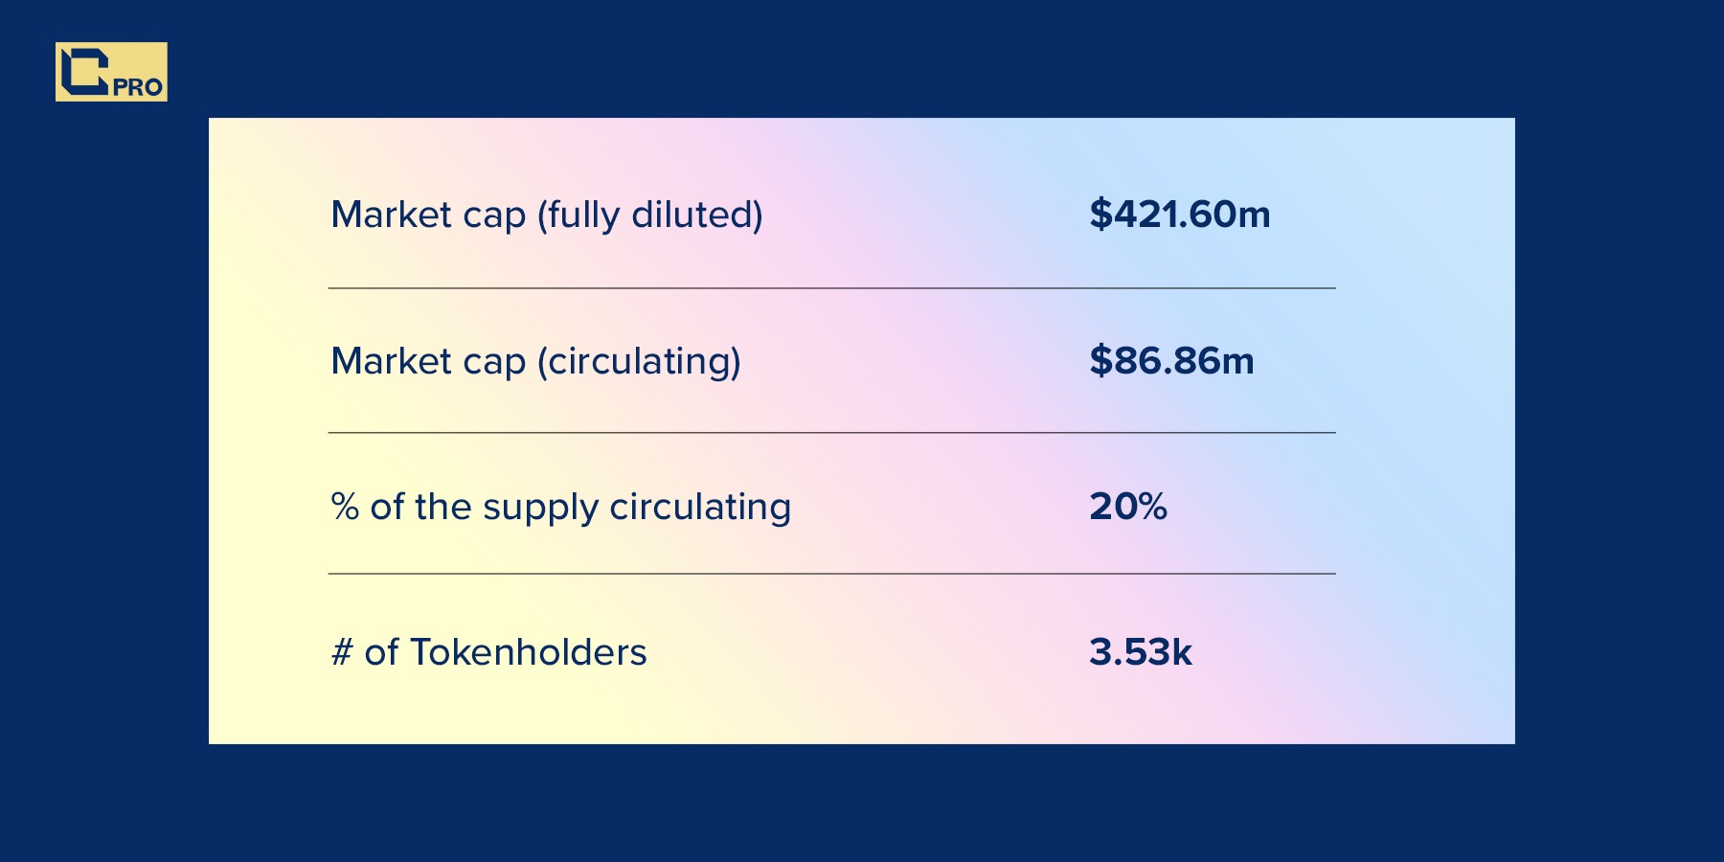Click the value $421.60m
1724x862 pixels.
coord(1179,215)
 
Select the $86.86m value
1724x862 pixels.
coord(1171,361)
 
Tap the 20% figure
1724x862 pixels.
coord(1128,507)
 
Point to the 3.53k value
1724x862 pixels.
coord(1141,652)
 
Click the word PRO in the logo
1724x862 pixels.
coord(138,87)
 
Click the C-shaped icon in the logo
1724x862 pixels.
coord(84,70)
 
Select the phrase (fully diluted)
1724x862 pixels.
coord(649,215)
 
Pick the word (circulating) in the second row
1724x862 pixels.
coord(639,362)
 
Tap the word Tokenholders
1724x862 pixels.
coord(529,652)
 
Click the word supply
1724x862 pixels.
coord(540,509)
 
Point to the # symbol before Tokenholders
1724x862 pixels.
coord(342,652)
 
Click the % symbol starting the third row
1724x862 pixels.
coord(345,507)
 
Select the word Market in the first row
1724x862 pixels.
coord(391,215)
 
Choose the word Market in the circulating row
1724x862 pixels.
coord(391,361)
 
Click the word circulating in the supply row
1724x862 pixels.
coord(700,509)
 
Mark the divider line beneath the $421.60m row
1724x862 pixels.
coord(831,288)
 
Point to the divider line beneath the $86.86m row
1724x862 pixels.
coord(831,433)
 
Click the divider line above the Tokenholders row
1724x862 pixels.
coord(831,574)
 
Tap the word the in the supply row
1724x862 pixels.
coord(443,506)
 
